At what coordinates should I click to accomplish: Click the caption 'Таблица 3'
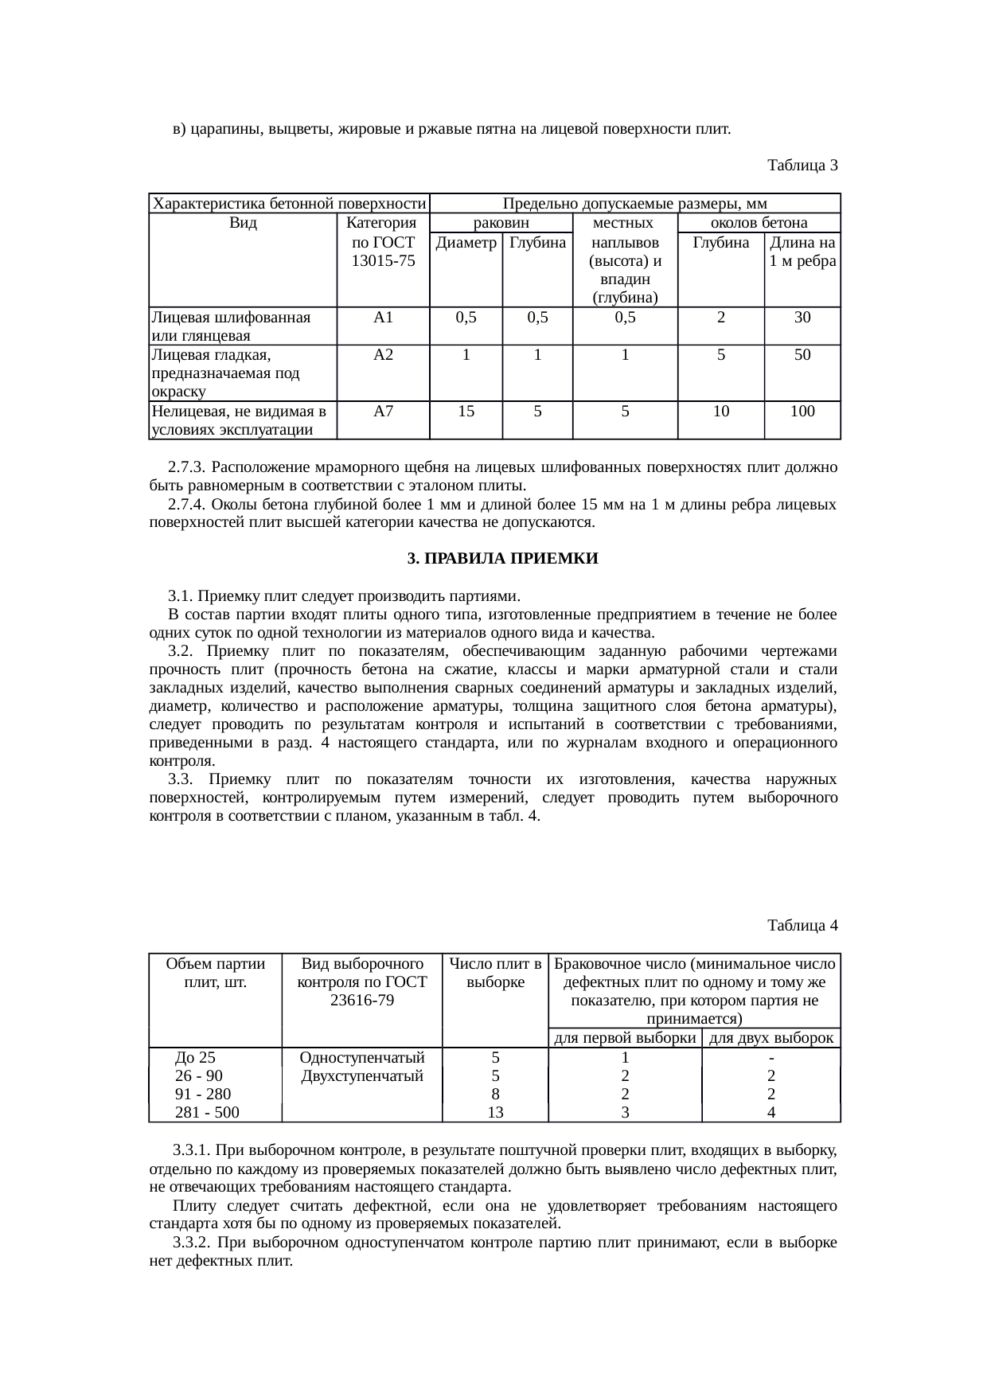point(802,166)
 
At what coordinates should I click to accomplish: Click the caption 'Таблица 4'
point(802,925)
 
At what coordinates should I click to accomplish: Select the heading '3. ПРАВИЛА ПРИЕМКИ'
point(502,559)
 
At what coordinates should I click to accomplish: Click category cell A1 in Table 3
point(383,318)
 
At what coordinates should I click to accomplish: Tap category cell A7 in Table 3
point(383,412)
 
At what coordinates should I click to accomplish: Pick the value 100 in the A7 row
point(802,412)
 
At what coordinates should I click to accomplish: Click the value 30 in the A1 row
point(802,318)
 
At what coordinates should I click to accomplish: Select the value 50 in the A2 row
point(802,355)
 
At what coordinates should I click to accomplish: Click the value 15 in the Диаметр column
point(466,412)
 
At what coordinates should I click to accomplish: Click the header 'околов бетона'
point(759,222)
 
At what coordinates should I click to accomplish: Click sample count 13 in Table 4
point(495,1113)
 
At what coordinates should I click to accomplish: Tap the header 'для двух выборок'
point(770,1037)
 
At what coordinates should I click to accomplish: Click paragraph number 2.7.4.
point(187,505)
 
